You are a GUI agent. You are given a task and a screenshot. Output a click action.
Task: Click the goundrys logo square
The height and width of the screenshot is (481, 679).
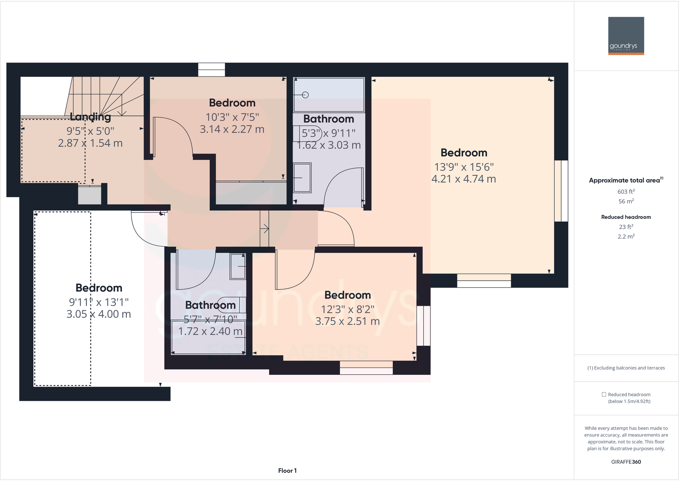tap(626, 36)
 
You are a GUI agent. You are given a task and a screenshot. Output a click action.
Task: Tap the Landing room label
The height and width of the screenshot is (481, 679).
tap(90, 117)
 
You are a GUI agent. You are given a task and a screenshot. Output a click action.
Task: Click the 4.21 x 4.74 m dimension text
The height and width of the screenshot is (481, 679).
tap(463, 179)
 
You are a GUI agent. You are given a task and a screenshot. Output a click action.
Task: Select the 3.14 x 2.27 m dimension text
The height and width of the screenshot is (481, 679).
tap(232, 129)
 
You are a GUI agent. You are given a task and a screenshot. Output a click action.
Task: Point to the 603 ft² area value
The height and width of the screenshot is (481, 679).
tap(626, 192)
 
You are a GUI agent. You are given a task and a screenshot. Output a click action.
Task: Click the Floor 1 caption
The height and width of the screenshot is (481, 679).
tap(287, 471)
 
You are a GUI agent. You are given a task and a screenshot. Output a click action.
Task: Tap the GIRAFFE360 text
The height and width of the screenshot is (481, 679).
tap(626, 462)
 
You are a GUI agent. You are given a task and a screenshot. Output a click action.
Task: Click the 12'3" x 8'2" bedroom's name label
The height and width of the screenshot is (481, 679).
tap(347, 295)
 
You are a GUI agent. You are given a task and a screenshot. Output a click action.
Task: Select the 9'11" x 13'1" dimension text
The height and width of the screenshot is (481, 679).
tap(99, 302)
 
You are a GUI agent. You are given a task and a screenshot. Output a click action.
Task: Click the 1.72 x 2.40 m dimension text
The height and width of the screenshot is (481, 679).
tap(210, 332)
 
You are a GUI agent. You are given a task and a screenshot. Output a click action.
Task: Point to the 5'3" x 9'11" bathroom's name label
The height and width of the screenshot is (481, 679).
tap(328, 119)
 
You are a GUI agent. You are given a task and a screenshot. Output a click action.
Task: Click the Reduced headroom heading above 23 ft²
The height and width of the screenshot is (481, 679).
tap(626, 217)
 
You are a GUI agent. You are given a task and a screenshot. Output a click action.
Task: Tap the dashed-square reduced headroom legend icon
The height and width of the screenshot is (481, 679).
tap(604, 395)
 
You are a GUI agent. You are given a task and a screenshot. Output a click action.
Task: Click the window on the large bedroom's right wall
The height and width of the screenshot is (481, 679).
tap(561, 191)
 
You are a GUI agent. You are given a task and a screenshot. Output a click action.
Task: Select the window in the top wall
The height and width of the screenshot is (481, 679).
tap(211, 70)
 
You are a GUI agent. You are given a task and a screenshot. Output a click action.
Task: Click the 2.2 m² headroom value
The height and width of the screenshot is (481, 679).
tap(626, 236)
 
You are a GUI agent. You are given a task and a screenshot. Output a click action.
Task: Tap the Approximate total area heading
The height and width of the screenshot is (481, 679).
tap(626, 181)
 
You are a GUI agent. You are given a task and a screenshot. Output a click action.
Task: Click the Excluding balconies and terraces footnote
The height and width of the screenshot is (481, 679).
tap(626, 368)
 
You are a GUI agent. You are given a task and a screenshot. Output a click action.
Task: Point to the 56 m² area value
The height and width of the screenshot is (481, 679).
tap(626, 201)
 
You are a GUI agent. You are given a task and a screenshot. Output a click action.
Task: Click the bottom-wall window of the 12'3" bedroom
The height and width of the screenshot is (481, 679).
tap(366, 368)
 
